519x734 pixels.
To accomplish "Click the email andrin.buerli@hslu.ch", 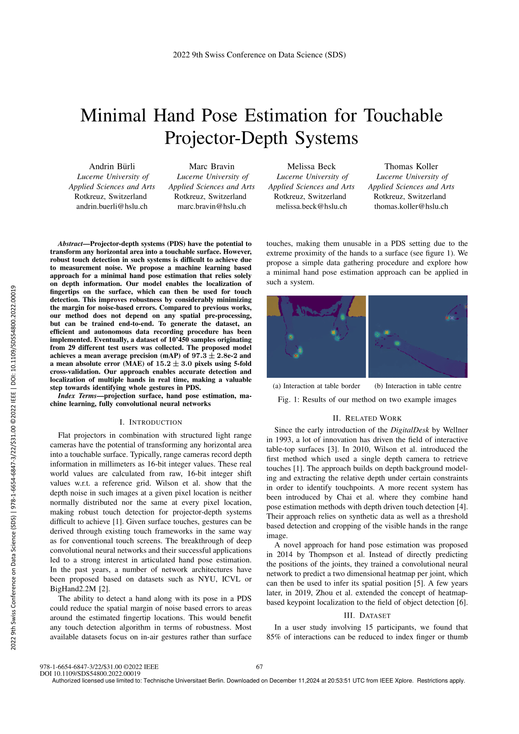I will tap(112, 206).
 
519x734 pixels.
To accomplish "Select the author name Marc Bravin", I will tap(211, 167).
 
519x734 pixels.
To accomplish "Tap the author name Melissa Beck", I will tap(311, 167).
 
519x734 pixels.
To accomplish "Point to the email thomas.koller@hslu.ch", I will tap(411, 206).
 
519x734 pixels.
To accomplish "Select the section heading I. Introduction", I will tap(151, 422).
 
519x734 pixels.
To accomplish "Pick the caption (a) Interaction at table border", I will tap(316, 386).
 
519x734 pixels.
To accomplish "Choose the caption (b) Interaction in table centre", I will tap(418, 386).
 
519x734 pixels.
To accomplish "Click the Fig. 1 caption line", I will tap(367, 399).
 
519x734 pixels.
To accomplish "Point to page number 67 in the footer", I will tap(259, 667).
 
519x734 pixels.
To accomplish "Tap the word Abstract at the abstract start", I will tap(70, 244).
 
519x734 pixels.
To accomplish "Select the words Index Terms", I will tap(77, 396).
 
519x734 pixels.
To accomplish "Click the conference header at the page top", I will tap(259, 55).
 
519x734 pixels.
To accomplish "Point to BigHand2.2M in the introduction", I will tap(73, 589).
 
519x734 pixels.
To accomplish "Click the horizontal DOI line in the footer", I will tap(90, 673).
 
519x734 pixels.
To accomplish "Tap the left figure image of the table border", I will tap(316, 337).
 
